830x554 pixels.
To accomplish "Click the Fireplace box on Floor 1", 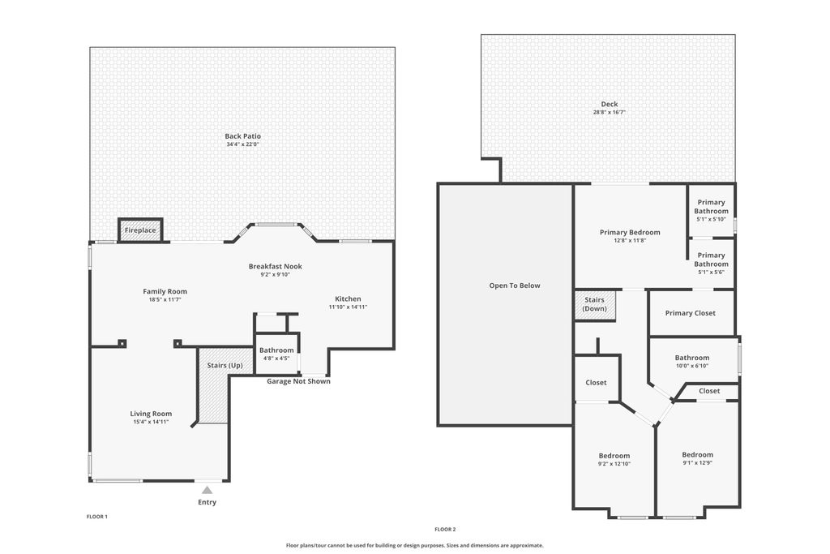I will (x=140, y=230).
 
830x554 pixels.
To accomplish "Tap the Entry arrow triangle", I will (x=207, y=490).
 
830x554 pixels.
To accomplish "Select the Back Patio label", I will (x=243, y=136).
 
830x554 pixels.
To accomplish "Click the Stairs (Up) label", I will (x=225, y=365).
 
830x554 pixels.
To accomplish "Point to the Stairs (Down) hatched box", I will (x=595, y=305).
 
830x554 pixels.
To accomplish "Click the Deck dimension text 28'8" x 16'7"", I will (x=609, y=113).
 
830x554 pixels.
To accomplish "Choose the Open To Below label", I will (x=514, y=286).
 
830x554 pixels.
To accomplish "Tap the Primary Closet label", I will (x=690, y=313).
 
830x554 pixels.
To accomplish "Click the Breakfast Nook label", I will (x=275, y=266).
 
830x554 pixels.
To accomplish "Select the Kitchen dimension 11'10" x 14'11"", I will (x=348, y=307).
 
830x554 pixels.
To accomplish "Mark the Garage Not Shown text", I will (x=298, y=381).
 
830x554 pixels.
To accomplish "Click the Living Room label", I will (x=151, y=414).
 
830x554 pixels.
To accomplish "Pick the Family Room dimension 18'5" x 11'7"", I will (x=165, y=299).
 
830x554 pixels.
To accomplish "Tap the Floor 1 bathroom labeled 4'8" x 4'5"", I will (x=276, y=354).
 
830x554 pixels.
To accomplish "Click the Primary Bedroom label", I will (x=630, y=233).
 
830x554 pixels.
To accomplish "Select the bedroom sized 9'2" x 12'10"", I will (x=614, y=460).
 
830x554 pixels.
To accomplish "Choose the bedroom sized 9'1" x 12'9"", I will (x=697, y=459).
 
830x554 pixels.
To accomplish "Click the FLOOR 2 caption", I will (x=445, y=529).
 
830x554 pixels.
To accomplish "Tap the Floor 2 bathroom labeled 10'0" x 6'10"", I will (x=691, y=362).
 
